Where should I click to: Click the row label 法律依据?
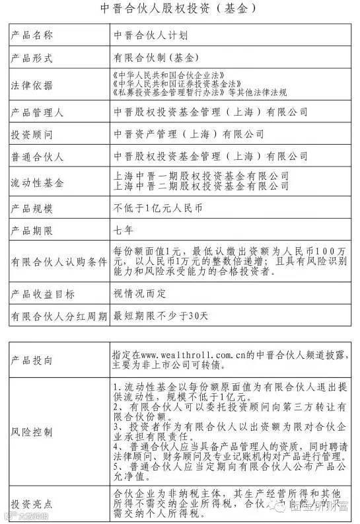pos(33,85)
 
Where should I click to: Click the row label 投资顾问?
pos(33,134)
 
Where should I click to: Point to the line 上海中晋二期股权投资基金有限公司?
pos(201,186)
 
